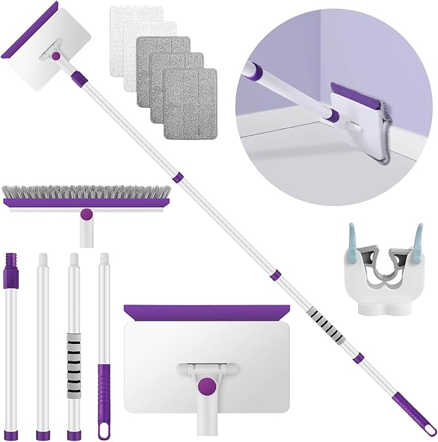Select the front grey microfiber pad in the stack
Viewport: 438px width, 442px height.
[x=190, y=93]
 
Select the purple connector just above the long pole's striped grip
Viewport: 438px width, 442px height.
[x=275, y=276]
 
